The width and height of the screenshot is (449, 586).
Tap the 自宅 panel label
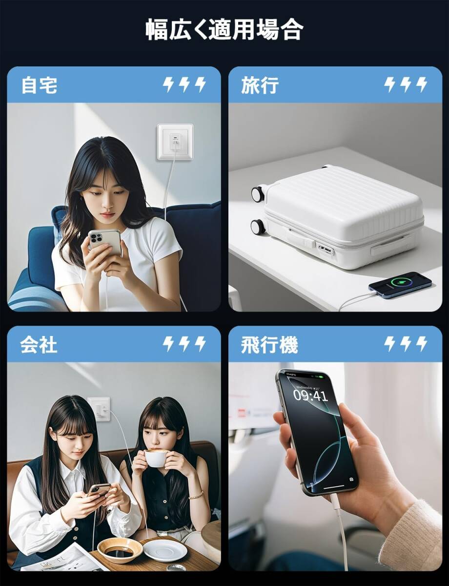(x=39, y=85)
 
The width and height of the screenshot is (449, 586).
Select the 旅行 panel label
(x=260, y=85)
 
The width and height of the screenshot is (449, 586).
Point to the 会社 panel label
(x=39, y=345)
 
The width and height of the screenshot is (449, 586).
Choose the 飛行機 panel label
(x=269, y=345)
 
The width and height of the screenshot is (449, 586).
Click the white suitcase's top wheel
(x=258, y=194)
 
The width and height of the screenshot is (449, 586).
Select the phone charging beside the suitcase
(x=400, y=285)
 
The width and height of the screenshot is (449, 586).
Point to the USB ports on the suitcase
(x=326, y=250)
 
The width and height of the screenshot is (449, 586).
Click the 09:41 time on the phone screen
(x=310, y=395)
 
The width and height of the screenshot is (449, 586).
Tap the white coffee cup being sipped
(x=156, y=458)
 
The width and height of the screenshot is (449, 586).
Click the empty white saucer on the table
(x=164, y=549)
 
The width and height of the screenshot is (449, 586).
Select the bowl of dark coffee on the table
(x=120, y=550)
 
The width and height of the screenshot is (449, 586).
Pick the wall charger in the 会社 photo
(x=100, y=408)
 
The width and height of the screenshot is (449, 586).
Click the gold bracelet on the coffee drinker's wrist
(x=196, y=495)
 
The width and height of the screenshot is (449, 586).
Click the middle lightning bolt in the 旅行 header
(x=406, y=85)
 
